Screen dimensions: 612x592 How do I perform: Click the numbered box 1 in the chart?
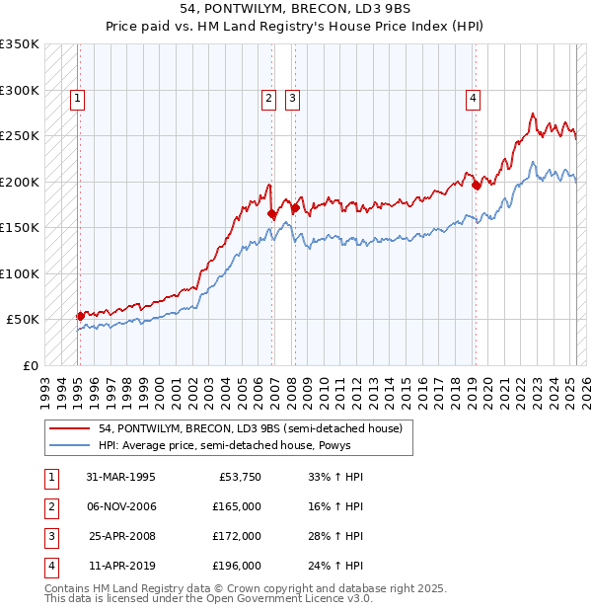77,98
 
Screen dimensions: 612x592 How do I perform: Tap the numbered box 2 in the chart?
268,98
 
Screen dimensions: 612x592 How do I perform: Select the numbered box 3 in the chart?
293,98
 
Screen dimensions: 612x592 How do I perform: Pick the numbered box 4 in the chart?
474,98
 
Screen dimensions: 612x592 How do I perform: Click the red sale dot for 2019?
475,185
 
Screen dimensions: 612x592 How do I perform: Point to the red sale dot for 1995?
80,316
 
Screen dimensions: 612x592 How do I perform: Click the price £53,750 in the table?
237,477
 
